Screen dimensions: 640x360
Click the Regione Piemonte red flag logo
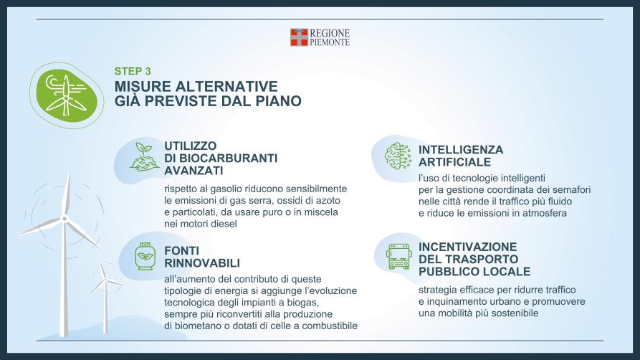299,37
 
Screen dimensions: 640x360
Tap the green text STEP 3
133,71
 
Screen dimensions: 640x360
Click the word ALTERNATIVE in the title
226,87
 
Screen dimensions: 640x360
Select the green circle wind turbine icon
67,95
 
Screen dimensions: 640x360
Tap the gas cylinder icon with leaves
145,256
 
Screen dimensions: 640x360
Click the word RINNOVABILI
202,263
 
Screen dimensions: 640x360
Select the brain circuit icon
398,156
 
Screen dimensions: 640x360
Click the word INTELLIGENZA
461,150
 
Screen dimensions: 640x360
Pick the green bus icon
398,257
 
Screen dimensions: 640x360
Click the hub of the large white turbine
64,219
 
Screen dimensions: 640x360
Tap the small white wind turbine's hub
105,280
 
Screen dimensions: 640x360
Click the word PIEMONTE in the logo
330,42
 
